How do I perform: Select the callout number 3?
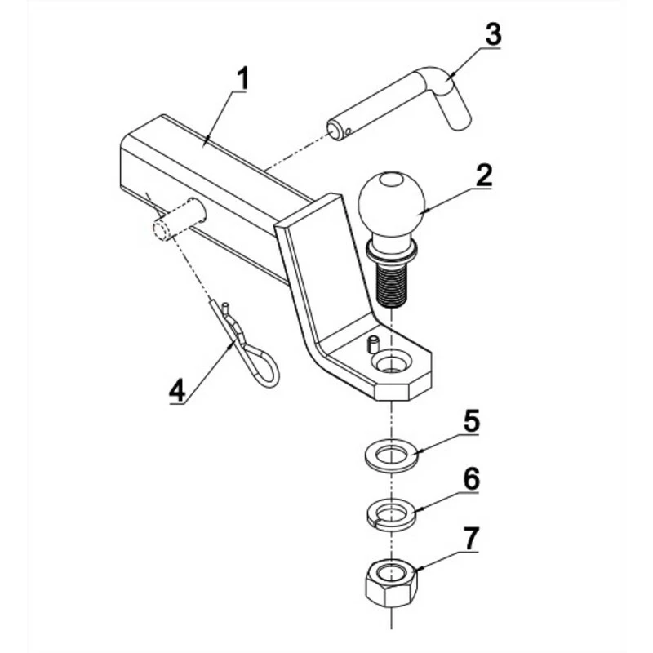(x=492, y=35)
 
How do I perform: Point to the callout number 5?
(x=471, y=422)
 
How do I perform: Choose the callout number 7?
(x=473, y=538)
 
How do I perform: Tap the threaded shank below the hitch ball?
(x=393, y=282)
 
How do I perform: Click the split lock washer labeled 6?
(x=390, y=514)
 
